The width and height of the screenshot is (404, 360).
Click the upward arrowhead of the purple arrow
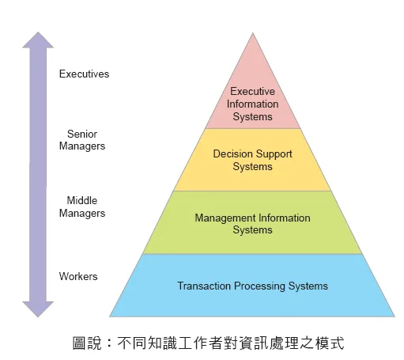coord(38,40)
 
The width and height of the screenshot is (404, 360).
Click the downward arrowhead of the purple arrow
coord(38,309)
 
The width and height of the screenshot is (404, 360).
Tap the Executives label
coord(84,74)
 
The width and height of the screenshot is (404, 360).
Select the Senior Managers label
coord(82,140)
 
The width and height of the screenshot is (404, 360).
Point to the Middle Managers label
coord(82,207)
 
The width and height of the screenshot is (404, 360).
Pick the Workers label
coord(78,276)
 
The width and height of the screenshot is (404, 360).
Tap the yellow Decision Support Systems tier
coord(252,160)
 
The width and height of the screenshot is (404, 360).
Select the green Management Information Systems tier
coord(252,222)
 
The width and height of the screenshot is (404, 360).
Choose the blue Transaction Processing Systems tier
coord(252,286)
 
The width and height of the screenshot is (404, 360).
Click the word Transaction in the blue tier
coord(204,286)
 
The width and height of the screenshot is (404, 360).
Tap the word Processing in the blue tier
coord(259,286)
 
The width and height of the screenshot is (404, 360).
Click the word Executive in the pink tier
coord(252,91)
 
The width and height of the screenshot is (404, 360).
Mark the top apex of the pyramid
coord(253,33)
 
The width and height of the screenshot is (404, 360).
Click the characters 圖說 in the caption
coord(87,343)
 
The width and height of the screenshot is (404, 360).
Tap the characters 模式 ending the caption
coord(330,343)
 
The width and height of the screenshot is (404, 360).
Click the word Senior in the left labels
coord(82,134)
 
